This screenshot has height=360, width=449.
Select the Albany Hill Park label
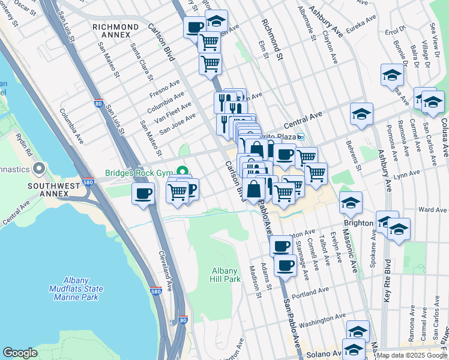coord(226,275)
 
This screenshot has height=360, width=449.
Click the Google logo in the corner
coord(20,353)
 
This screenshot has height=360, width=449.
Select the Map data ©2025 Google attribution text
coord(412,356)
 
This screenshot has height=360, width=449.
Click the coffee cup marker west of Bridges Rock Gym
coord(143,194)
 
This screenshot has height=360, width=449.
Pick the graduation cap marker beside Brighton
coord(351,203)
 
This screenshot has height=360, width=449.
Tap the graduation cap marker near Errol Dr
coord(392,74)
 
